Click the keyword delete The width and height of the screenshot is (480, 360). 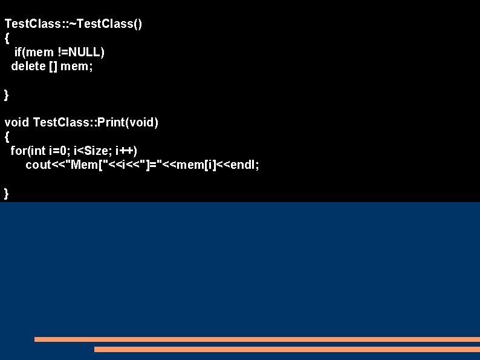(x=28, y=66)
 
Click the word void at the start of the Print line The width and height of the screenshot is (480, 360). (x=17, y=123)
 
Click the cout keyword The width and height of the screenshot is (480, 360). (x=38, y=165)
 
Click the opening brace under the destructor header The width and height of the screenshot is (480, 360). (x=7, y=38)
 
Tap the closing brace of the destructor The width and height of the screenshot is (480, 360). (x=7, y=94)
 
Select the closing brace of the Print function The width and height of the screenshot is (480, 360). (x=7, y=193)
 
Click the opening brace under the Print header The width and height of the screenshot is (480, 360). (x=7, y=137)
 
